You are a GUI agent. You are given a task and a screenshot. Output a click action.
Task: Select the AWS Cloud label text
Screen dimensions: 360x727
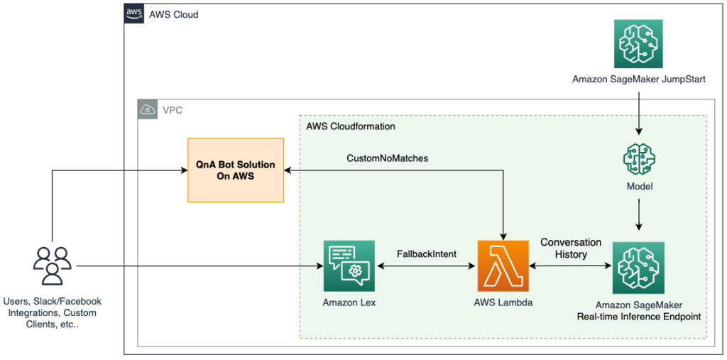point(174,14)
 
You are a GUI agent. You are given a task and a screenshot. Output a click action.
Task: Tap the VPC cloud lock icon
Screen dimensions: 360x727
point(148,110)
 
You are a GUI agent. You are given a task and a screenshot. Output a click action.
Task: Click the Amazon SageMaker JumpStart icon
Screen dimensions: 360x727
point(640,43)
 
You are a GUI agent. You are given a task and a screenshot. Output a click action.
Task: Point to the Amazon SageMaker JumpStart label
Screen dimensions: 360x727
point(640,80)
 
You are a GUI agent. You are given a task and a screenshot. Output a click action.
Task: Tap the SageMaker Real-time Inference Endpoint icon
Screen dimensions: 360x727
point(638,267)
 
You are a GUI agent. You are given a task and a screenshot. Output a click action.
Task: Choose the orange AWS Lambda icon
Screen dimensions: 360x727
point(503,266)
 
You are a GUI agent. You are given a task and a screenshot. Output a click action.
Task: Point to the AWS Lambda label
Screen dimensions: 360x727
point(503,302)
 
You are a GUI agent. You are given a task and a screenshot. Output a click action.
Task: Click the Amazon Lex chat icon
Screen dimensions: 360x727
point(349,266)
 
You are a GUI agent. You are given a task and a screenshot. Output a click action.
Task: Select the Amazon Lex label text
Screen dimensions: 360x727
point(349,302)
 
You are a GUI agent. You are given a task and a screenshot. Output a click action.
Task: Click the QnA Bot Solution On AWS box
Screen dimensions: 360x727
point(235,170)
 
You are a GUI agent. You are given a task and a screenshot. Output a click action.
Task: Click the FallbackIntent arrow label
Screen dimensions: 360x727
point(426,253)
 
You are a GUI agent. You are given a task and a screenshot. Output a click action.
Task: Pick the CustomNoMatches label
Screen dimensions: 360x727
point(387,158)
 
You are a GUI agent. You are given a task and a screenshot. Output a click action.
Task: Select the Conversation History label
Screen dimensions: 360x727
point(571,248)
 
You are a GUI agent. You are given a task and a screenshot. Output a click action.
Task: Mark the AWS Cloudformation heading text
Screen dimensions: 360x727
point(351,126)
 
